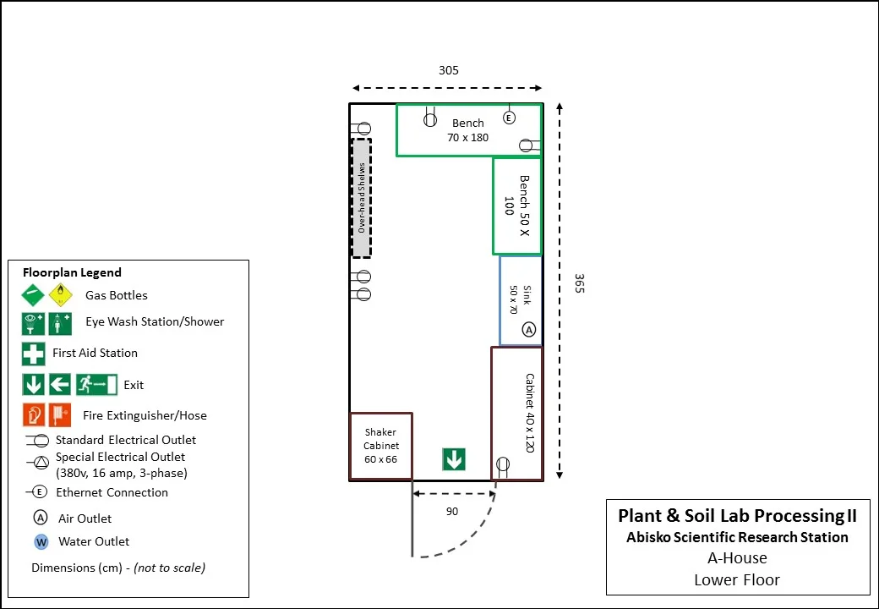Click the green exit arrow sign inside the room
click(x=454, y=459)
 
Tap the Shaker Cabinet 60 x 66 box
click(x=380, y=447)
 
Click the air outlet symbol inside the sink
click(x=529, y=329)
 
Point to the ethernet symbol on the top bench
click(x=509, y=118)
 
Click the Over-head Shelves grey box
click(x=362, y=198)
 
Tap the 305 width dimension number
click(x=448, y=70)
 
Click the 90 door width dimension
click(x=452, y=511)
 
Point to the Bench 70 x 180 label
click(x=467, y=130)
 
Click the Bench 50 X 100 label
click(x=516, y=205)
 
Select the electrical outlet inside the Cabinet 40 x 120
click(x=503, y=464)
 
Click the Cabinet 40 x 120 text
click(x=529, y=413)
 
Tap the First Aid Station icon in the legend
click(x=34, y=353)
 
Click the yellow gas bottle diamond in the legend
click(x=61, y=295)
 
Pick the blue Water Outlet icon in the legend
click(x=41, y=541)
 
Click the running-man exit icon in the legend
click(x=96, y=385)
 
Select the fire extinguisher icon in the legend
click(x=34, y=415)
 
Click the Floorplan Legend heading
click(x=72, y=272)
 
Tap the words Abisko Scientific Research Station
click(x=737, y=537)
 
